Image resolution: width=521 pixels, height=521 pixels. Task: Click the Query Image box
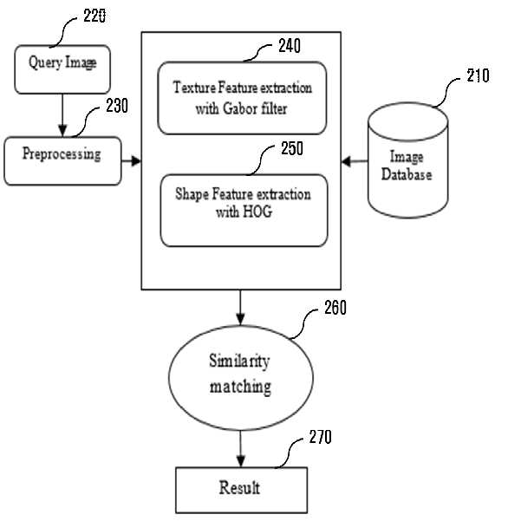pyautogui.click(x=62, y=69)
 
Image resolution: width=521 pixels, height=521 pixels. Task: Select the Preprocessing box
pyautogui.click(x=62, y=161)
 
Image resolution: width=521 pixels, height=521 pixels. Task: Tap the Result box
pyautogui.click(x=241, y=490)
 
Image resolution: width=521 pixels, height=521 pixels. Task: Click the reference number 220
pyautogui.click(x=94, y=16)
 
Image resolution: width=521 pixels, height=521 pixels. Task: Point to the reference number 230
pyautogui.click(x=117, y=106)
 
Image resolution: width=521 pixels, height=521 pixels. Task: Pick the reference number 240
pyautogui.click(x=290, y=46)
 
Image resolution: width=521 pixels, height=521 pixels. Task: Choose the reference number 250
pyautogui.click(x=292, y=148)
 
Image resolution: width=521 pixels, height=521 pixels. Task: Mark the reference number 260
pyautogui.click(x=335, y=308)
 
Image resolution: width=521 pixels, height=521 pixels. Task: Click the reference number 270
pyautogui.click(x=320, y=437)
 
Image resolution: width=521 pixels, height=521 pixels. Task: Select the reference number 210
pyautogui.click(x=478, y=75)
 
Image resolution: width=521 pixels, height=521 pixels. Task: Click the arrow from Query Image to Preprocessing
pyautogui.click(x=62, y=115)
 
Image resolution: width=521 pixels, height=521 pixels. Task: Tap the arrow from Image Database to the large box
pyautogui.click(x=355, y=161)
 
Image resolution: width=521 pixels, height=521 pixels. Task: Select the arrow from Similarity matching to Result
pyautogui.click(x=241, y=449)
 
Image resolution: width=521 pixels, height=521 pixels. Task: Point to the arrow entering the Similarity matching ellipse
pyautogui.click(x=240, y=308)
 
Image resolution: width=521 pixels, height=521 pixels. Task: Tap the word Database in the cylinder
pyautogui.click(x=407, y=174)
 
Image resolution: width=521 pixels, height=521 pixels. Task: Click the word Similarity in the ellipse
pyautogui.click(x=239, y=361)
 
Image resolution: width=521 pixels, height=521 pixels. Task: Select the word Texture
pyautogui.click(x=194, y=88)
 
